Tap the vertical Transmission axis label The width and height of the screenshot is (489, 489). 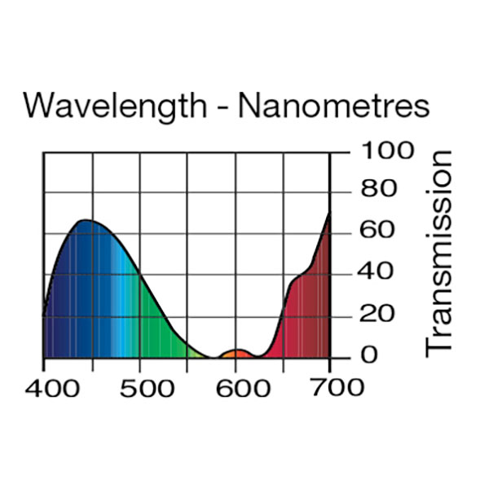point(439,253)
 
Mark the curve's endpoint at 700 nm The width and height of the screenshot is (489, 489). point(329,213)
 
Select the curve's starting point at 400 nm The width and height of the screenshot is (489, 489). point(44,315)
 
